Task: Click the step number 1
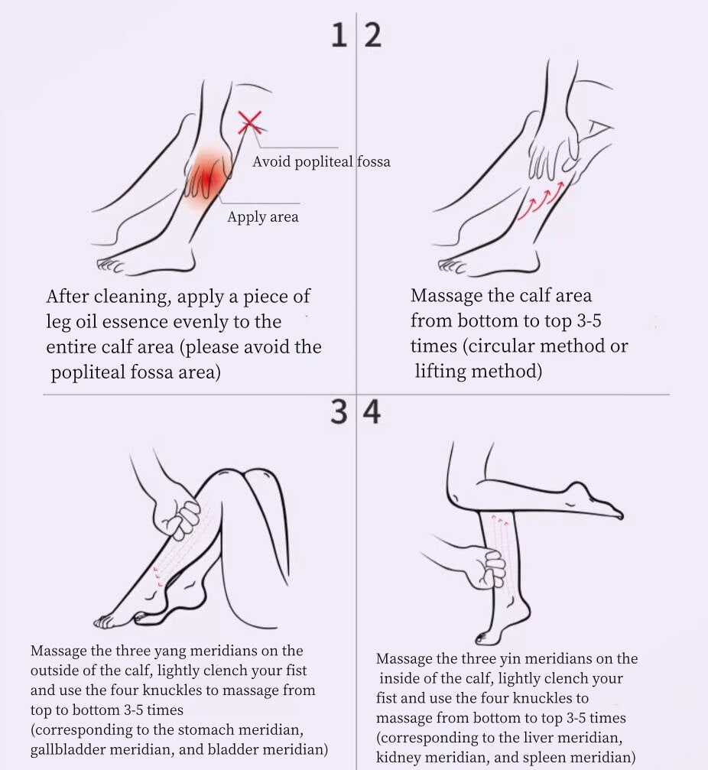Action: [x=339, y=35]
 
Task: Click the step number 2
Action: [x=372, y=35]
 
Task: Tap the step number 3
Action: [x=339, y=411]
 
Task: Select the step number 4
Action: [x=372, y=411]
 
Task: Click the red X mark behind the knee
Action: [x=249, y=122]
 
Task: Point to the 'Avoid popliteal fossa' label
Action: [x=321, y=161]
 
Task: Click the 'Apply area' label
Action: [x=263, y=216]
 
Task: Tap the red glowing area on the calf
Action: [x=208, y=176]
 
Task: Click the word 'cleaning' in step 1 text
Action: [x=131, y=297]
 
